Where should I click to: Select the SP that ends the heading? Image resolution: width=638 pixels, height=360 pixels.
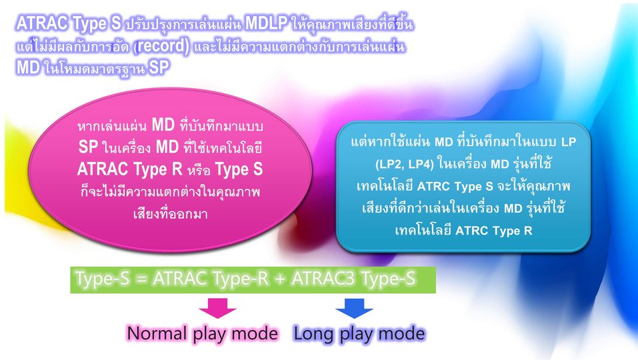pos(158,67)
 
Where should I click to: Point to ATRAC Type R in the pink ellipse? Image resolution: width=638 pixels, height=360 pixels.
pos(129,169)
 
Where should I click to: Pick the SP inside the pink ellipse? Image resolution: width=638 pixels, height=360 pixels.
pos(88,147)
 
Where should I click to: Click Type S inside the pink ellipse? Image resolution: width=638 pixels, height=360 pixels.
pos(239,169)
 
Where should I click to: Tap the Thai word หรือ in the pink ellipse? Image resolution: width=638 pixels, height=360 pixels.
pos(199,169)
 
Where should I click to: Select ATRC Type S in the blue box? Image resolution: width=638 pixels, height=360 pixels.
pos(455,186)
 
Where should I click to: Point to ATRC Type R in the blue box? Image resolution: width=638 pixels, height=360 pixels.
pos(494,231)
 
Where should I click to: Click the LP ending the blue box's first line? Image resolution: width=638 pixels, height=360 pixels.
pos(569,142)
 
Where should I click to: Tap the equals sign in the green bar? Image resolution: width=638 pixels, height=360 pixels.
pos(141,279)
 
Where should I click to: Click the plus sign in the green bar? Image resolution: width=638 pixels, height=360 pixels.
pos(280,279)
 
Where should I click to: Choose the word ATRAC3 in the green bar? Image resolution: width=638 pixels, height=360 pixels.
pos(324,279)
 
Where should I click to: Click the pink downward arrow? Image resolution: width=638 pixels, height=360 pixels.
pos(218,309)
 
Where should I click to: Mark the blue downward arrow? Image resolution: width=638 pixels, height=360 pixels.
pos(355,309)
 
